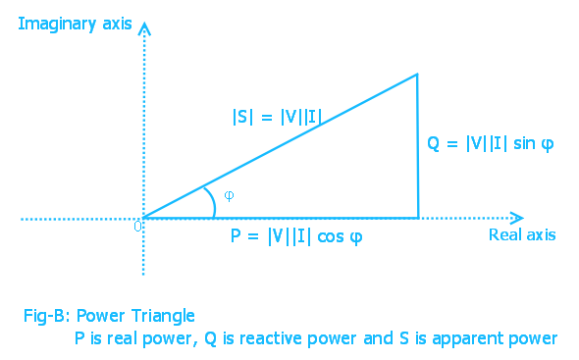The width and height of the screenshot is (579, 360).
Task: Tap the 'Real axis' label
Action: point(522,234)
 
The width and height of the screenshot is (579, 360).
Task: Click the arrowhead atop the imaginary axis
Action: point(144,26)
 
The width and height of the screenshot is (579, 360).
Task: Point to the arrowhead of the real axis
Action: point(518,217)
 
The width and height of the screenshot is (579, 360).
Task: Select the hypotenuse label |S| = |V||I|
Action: point(277,117)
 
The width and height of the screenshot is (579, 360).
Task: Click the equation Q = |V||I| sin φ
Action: point(491,143)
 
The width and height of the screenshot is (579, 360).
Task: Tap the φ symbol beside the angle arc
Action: point(229,194)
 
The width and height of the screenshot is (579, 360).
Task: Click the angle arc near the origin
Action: point(212,200)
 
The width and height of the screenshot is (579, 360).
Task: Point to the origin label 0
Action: point(137,227)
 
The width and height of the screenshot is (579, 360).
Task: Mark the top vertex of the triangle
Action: point(418,74)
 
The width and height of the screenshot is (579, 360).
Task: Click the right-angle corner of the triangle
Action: point(418,217)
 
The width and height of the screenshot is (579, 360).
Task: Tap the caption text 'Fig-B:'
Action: point(46,316)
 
